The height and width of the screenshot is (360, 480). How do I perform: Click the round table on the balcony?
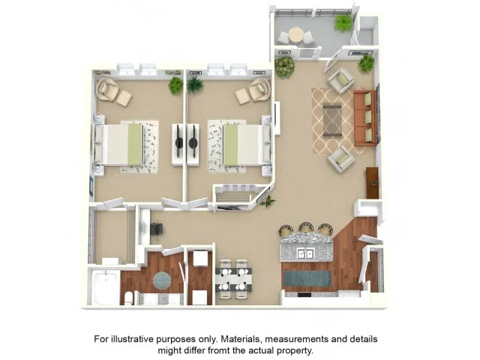click(296, 34)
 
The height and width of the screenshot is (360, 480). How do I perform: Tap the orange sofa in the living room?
click(365, 118)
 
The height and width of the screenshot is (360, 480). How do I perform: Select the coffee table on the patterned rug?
click(332, 121)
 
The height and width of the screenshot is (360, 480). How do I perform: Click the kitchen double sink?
click(305, 253)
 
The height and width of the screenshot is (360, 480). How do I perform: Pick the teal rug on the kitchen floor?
click(307, 278)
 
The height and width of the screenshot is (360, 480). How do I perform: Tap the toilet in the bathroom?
click(128, 298)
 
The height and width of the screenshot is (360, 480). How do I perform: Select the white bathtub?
click(105, 287)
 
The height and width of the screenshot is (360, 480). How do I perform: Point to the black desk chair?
click(156, 229)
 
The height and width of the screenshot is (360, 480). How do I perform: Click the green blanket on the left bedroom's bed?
click(135, 144)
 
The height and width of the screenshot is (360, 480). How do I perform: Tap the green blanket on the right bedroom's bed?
click(230, 144)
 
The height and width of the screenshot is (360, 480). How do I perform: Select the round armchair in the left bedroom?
click(106, 89)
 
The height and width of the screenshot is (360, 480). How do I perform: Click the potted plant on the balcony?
click(343, 23)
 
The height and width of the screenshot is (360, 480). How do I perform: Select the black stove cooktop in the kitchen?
click(304, 295)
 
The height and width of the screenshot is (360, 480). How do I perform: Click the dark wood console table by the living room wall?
click(372, 183)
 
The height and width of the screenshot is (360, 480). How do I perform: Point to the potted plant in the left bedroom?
click(175, 85)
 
